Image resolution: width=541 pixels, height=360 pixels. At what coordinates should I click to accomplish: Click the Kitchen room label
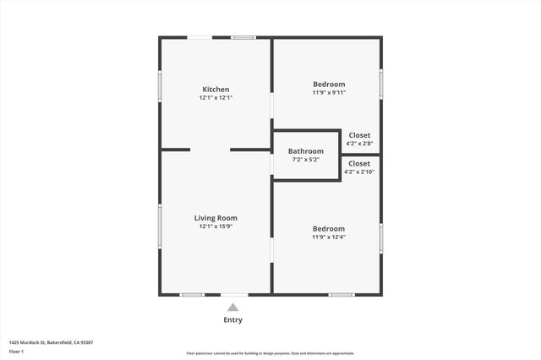[216, 90]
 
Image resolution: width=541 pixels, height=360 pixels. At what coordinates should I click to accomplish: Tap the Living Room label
[216, 218]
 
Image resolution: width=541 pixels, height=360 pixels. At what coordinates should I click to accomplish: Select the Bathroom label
[305, 151]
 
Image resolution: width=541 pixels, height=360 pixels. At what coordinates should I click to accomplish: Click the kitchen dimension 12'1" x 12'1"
[216, 98]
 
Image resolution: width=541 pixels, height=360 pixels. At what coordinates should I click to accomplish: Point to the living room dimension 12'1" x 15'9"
[216, 226]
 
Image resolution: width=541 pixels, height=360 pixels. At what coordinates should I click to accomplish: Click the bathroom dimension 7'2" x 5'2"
[305, 159]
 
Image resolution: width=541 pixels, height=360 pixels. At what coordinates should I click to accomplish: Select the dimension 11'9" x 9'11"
[329, 92]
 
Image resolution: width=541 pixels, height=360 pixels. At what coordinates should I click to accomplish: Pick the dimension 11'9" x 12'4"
[329, 237]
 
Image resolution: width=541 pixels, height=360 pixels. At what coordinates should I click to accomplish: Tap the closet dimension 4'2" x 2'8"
[359, 143]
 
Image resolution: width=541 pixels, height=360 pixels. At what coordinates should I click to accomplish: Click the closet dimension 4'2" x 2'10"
[359, 172]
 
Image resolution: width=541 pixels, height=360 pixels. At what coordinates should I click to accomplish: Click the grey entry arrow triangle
[232, 308]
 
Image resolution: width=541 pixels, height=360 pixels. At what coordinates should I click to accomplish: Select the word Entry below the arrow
[232, 320]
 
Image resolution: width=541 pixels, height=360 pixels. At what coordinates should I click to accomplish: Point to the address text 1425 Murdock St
[51, 342]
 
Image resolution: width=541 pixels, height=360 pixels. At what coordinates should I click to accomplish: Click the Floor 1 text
[16, 351]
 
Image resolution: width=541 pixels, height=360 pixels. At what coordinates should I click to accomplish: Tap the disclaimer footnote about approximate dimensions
[270, 353]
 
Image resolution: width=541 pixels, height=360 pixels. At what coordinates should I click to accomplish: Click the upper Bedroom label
[329, 84]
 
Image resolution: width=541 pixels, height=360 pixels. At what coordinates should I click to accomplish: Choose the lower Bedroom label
[329, 228]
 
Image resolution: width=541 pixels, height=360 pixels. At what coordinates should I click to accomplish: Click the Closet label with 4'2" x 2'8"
[359, 135]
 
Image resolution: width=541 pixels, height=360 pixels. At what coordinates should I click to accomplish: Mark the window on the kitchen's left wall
[161, 85]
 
